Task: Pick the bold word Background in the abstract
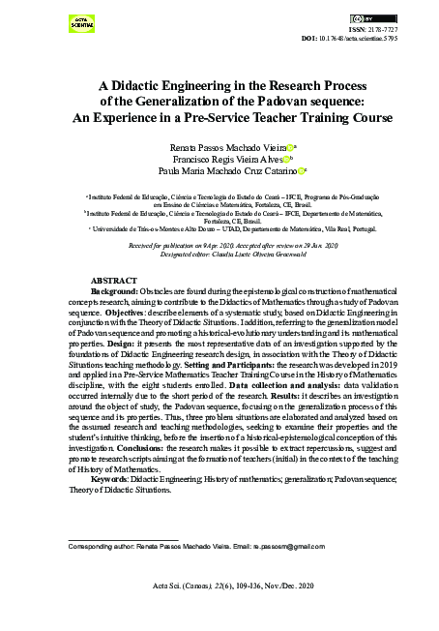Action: click(113, 290)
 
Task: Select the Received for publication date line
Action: click(219, 247)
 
